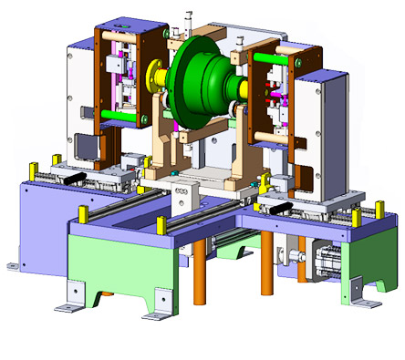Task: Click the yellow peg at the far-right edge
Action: point(378,211)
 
